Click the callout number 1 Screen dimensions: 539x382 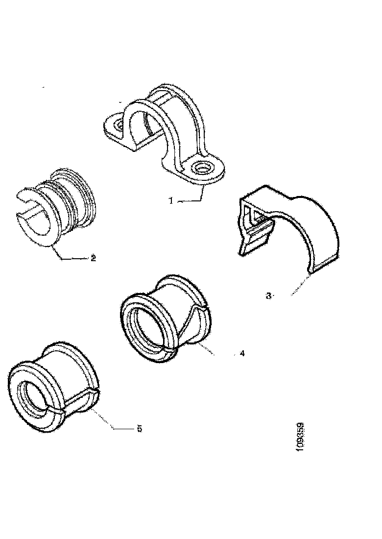tap(171, 200)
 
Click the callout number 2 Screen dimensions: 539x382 tap(93, 258)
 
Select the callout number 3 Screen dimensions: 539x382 tap(268, 295)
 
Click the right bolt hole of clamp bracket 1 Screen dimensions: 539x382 tap(202, 169)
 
